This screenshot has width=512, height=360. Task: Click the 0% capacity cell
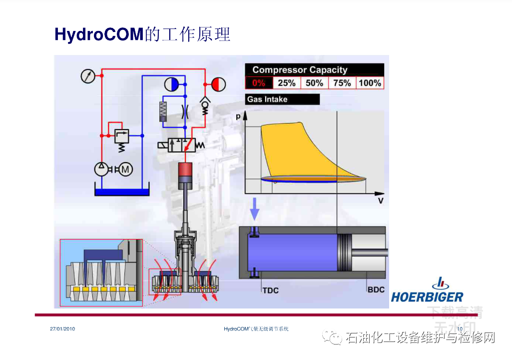pos(259,83)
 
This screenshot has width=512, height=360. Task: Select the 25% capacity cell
pos(287,83)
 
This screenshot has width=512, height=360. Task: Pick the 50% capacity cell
pos(314,83)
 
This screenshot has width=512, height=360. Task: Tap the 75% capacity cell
pos(342,83)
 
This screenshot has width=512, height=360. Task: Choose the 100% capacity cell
pos(370,83)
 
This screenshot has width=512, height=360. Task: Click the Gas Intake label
pos(268,99)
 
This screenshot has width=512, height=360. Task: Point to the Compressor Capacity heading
pos(300,70)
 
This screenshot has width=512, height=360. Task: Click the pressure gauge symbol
pos(87,76)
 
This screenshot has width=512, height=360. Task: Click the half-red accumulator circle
pos(218,84)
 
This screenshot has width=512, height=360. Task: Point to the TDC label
pos(270,290)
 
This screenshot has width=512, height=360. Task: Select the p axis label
pos(238,116)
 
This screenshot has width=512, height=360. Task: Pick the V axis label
pos(380,201)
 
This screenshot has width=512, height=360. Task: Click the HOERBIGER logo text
pos(427,297)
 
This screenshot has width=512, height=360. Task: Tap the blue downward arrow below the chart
pos(255,208)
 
